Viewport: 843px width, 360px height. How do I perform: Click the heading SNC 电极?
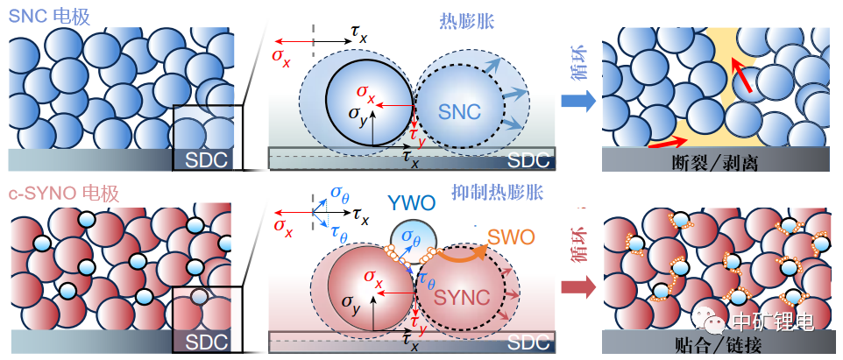pyautogui.click(x=52, y=15)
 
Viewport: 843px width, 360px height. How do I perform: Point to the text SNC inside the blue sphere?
pyautogui.click(x=460, y=111)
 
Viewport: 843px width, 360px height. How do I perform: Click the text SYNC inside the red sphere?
pyautogui.click(x=462, y=295)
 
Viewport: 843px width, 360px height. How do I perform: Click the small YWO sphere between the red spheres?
pyautogui.click(x=406, y=239)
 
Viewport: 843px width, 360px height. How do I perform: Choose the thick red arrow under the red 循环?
pyautogui.click(x=576, y=286)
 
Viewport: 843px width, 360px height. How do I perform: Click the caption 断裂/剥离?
pyautogui.click(x=717, y=162)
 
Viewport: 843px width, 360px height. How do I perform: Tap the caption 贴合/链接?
pyautogui.click(x=717, y=342)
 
